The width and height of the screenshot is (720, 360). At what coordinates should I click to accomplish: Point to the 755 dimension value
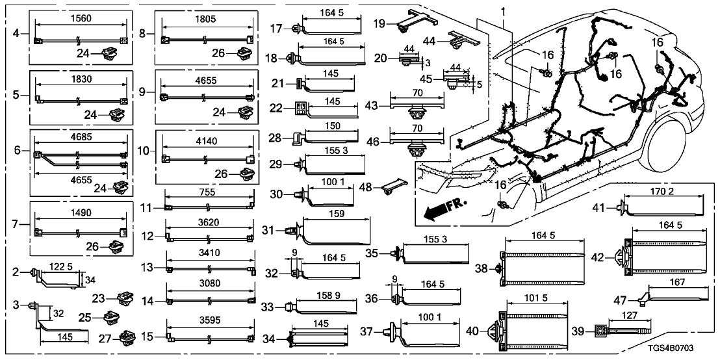click(209, 192)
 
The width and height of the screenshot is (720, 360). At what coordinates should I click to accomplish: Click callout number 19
click(380, 23)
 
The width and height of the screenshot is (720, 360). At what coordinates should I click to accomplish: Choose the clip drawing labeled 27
click(125, 338)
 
